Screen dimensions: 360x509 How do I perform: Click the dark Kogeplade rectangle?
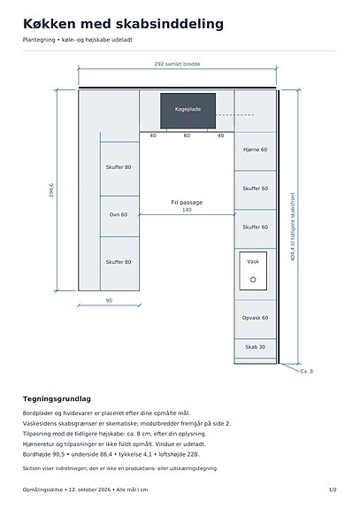pyautogui.click(x=188, y=111)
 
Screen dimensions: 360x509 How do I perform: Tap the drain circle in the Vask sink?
pyautogui.click(x=253, y=280)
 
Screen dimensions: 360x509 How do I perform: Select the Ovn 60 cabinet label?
pyautogui.click(x=119, y=214)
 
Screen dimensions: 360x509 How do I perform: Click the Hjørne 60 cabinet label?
pyautogui.click(x=256, y=150)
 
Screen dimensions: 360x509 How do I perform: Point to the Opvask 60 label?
pyautogui.click(x=256, y=318)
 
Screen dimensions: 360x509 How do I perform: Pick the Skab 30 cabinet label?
pyautogui.click(x=256, y=347)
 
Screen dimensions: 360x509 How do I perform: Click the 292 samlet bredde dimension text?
pyautogui.click(x=177, y=64)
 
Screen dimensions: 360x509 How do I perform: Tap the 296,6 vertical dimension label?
pyautogui.click(x=51, y=190)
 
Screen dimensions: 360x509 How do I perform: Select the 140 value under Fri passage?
pyautogui.click(x=187, y=210)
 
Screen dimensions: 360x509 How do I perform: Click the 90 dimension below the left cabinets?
pyautogui.click(x=109, y=301)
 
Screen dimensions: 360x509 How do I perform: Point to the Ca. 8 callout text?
pyautogui.click(x=307, y=372)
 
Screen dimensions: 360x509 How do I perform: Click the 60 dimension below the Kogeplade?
pyautogui.click(x=187, y=135)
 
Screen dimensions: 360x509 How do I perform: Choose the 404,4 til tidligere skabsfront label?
pyautogui.click(x=293, y=227)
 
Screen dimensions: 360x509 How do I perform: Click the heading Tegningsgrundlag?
pyautogui.click(x=57, y=399)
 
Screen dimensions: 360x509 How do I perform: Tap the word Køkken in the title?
pyautogui.click(x=50, y=24)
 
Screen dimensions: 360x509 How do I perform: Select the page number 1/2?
pyautogui.click(x=333, y=490)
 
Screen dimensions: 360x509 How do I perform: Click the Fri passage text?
pyautogui.click(x=187, y=203)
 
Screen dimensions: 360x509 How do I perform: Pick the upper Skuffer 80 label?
pyautogui.click(x=119, y=167)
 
